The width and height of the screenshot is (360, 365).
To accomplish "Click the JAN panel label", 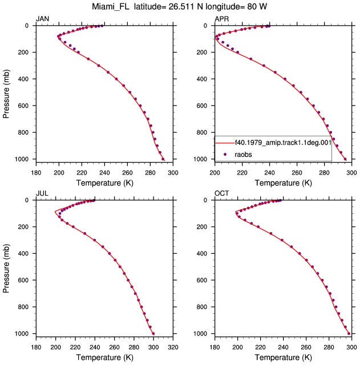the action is pyautogui.click(x=42, y=19).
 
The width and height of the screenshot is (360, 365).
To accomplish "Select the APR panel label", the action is pyautogui.click(x=221, y=19).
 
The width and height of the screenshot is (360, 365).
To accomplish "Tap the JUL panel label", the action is pyautogui.click(x=42, y=193).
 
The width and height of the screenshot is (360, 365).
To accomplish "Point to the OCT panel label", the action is pyautogui.click(x=222, y=193).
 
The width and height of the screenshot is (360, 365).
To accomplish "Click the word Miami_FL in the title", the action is pyautogui.click(x=110, y=7).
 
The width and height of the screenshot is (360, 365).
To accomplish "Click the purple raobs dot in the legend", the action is pyautogui.click(x=225, y=155).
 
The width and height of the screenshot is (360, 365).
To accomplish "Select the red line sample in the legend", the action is pyautogui.click(x=225, y=143).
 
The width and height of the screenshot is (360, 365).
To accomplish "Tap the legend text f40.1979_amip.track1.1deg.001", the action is pyautogui.click(x=283, y=143).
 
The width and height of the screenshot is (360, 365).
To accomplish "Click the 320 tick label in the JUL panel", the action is pyautogui.click(x=173, y=347).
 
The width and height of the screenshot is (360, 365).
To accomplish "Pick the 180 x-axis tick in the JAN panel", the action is pyautogui.click(x=36, y=173).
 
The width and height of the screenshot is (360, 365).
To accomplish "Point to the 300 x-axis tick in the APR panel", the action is pyautogui.click(x=351, y=173).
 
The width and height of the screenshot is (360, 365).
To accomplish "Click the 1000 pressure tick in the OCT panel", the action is pyautogui.click(x=200, y=334).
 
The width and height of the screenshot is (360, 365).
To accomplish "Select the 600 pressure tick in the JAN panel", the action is pyautogui.click(x=23, y=106).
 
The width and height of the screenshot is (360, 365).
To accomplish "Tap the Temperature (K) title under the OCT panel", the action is pyautogui.click(x=283, y=358).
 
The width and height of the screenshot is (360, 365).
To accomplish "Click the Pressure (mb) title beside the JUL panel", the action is pyautogui.click(x=6, y=269).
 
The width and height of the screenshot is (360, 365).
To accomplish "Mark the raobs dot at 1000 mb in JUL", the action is pyautogui.click(x=153, y=334).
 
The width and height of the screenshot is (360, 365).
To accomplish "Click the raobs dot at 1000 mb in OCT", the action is pyautogui.click(x=349, y=334).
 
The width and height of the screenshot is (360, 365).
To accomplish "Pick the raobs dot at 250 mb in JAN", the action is pyautogui.click(x=88, y=59).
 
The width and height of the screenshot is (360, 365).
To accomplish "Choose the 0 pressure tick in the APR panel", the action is pyautogui.click(x=205, y=26).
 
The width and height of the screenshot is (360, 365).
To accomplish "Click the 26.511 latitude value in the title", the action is pyautogui.click(x=181, y=7).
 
